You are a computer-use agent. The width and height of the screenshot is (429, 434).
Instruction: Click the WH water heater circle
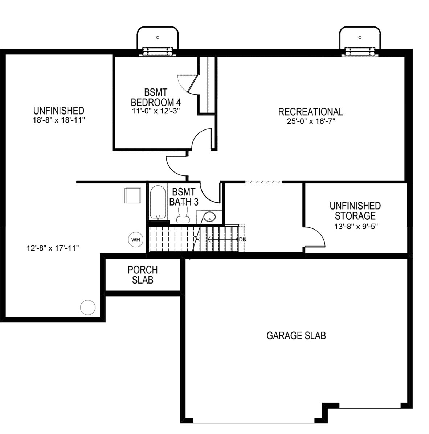tap(136, 240)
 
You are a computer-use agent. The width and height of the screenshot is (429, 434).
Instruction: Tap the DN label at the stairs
tap(243, 240)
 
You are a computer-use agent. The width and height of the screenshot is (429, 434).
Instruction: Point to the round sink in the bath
tap(209, 217)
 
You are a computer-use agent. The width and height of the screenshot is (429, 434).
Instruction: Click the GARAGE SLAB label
tap(296, 336)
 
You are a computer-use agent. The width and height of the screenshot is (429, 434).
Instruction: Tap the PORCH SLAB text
tap(143, 275)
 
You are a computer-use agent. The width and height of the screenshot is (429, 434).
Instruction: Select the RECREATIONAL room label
tap(310, 112)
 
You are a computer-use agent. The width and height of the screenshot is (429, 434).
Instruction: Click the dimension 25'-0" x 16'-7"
tap(310, 121)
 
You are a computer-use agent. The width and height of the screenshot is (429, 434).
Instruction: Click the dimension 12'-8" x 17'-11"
tap(53, 248)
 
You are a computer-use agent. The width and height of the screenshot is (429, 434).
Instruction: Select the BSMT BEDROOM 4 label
tap(156, 98)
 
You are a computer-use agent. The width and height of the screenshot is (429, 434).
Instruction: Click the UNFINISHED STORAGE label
tap(355, 211)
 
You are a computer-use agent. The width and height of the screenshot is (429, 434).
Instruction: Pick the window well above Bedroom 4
tap(158, 40)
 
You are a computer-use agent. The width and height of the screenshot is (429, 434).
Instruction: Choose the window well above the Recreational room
tap(360, 40)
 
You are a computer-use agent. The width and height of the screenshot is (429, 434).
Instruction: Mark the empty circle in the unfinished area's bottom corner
tap(87, 307)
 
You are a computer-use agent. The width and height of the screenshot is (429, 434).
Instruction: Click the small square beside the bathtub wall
tap(132, 195)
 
